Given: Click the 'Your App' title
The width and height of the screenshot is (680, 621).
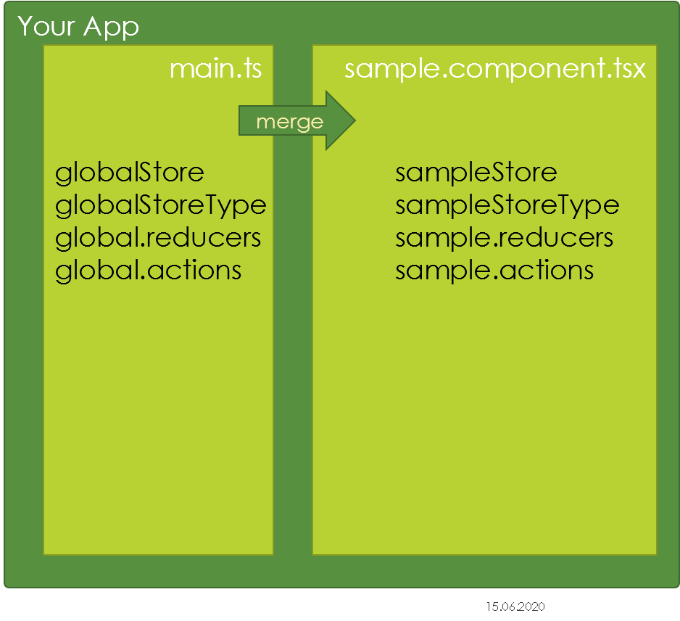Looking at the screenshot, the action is [78, 27].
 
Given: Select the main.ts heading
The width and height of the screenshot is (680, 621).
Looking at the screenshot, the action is [215, 69].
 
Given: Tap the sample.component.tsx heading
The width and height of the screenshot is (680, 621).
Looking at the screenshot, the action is [495, 70].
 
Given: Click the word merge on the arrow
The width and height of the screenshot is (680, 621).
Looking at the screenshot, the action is [290, 123].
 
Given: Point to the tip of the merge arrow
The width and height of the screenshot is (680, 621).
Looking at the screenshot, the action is [356, 120].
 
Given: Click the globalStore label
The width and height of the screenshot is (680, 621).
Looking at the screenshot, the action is [130, 173].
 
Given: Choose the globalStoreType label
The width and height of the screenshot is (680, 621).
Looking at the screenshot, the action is [161, 206].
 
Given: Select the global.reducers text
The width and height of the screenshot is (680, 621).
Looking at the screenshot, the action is [158, 238].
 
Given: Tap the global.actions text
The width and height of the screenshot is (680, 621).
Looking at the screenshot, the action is [149, 271].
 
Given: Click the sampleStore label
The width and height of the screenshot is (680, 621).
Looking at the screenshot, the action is [476, 173].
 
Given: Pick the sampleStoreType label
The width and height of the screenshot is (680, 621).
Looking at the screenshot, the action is [507, 206].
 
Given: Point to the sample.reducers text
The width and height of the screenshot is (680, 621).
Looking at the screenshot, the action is [505, 238].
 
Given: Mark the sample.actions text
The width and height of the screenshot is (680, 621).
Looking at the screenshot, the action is [494, 271].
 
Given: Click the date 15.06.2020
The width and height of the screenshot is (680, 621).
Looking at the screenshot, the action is [515, 606].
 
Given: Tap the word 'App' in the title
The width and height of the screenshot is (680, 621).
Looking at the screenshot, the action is [112, 28].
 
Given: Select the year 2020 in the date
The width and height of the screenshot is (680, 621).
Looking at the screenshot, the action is [531, 606].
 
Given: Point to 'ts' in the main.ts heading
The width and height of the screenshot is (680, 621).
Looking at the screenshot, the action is [252, 69].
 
